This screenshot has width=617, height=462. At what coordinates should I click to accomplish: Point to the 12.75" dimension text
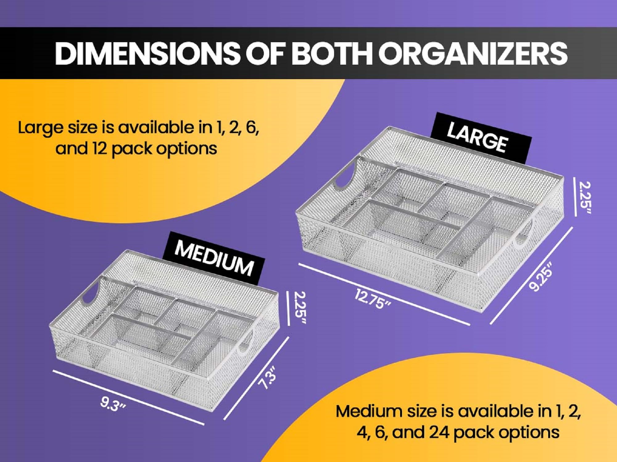(373, 299)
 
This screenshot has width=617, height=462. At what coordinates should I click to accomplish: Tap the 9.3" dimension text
(113, 404)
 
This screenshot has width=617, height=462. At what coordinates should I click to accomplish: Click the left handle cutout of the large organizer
(344, 179)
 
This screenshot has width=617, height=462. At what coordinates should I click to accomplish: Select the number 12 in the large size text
(99, 148)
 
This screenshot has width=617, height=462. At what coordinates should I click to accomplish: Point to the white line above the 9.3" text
(128, 397)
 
